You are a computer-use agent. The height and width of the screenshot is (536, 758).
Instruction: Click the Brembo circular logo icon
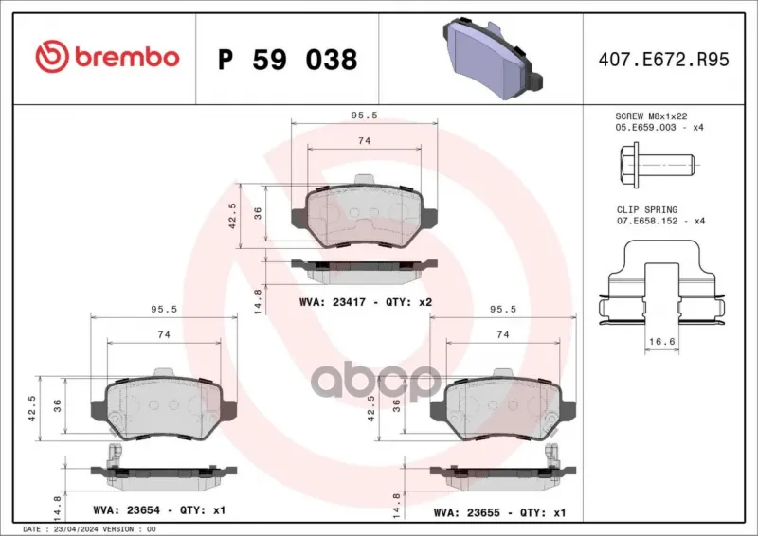[x=52, y=57]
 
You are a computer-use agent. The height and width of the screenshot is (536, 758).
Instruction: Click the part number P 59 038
[x=288, y=60]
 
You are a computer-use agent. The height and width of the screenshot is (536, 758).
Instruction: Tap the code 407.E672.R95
[x=663, y=60]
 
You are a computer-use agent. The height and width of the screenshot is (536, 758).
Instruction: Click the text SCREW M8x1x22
[x=651, y=116]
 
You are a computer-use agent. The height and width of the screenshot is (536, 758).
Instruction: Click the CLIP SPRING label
[x=647, y=210]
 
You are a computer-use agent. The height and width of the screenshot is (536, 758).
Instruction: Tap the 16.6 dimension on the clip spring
[x=661, y=341]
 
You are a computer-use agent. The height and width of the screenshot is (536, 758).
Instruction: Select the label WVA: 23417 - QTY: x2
[x=366, y=302]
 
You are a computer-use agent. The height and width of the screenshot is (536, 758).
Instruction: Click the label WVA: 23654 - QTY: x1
[x=159, y=509]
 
